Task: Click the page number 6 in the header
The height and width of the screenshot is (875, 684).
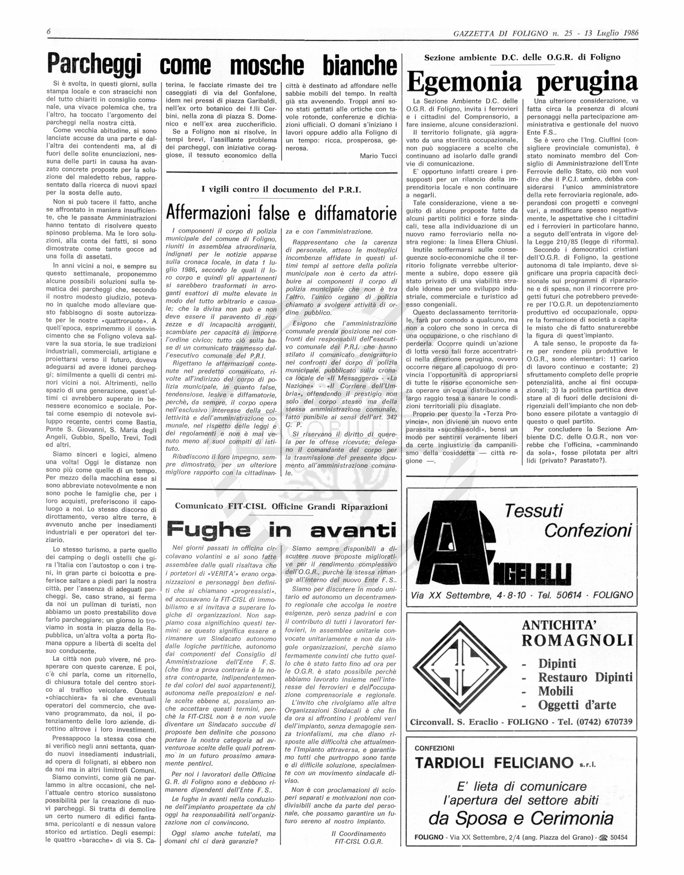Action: coord(48,32)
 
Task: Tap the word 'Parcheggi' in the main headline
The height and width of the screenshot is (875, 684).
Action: coord(94,64)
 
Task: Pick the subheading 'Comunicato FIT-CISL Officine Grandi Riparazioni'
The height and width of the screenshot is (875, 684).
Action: coord(281,506)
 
